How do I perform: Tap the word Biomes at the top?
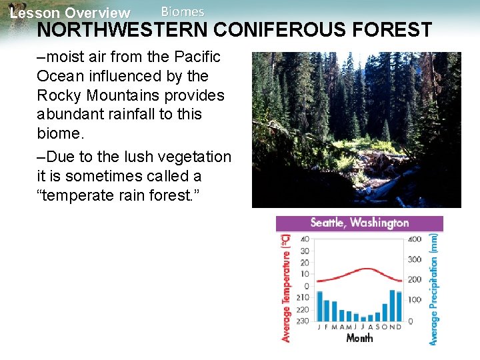[183, 11]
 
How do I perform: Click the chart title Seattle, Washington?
[359, 223]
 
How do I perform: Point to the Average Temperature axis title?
[286, 287]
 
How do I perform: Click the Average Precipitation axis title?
[434, 288]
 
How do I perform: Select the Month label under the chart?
[359, 338]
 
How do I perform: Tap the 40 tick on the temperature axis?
[305, 239]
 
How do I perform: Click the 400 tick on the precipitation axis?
[414, 239]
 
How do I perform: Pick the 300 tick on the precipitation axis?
[414, 259]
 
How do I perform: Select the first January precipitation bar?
[319, 306]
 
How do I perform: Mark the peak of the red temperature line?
[366, 269]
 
